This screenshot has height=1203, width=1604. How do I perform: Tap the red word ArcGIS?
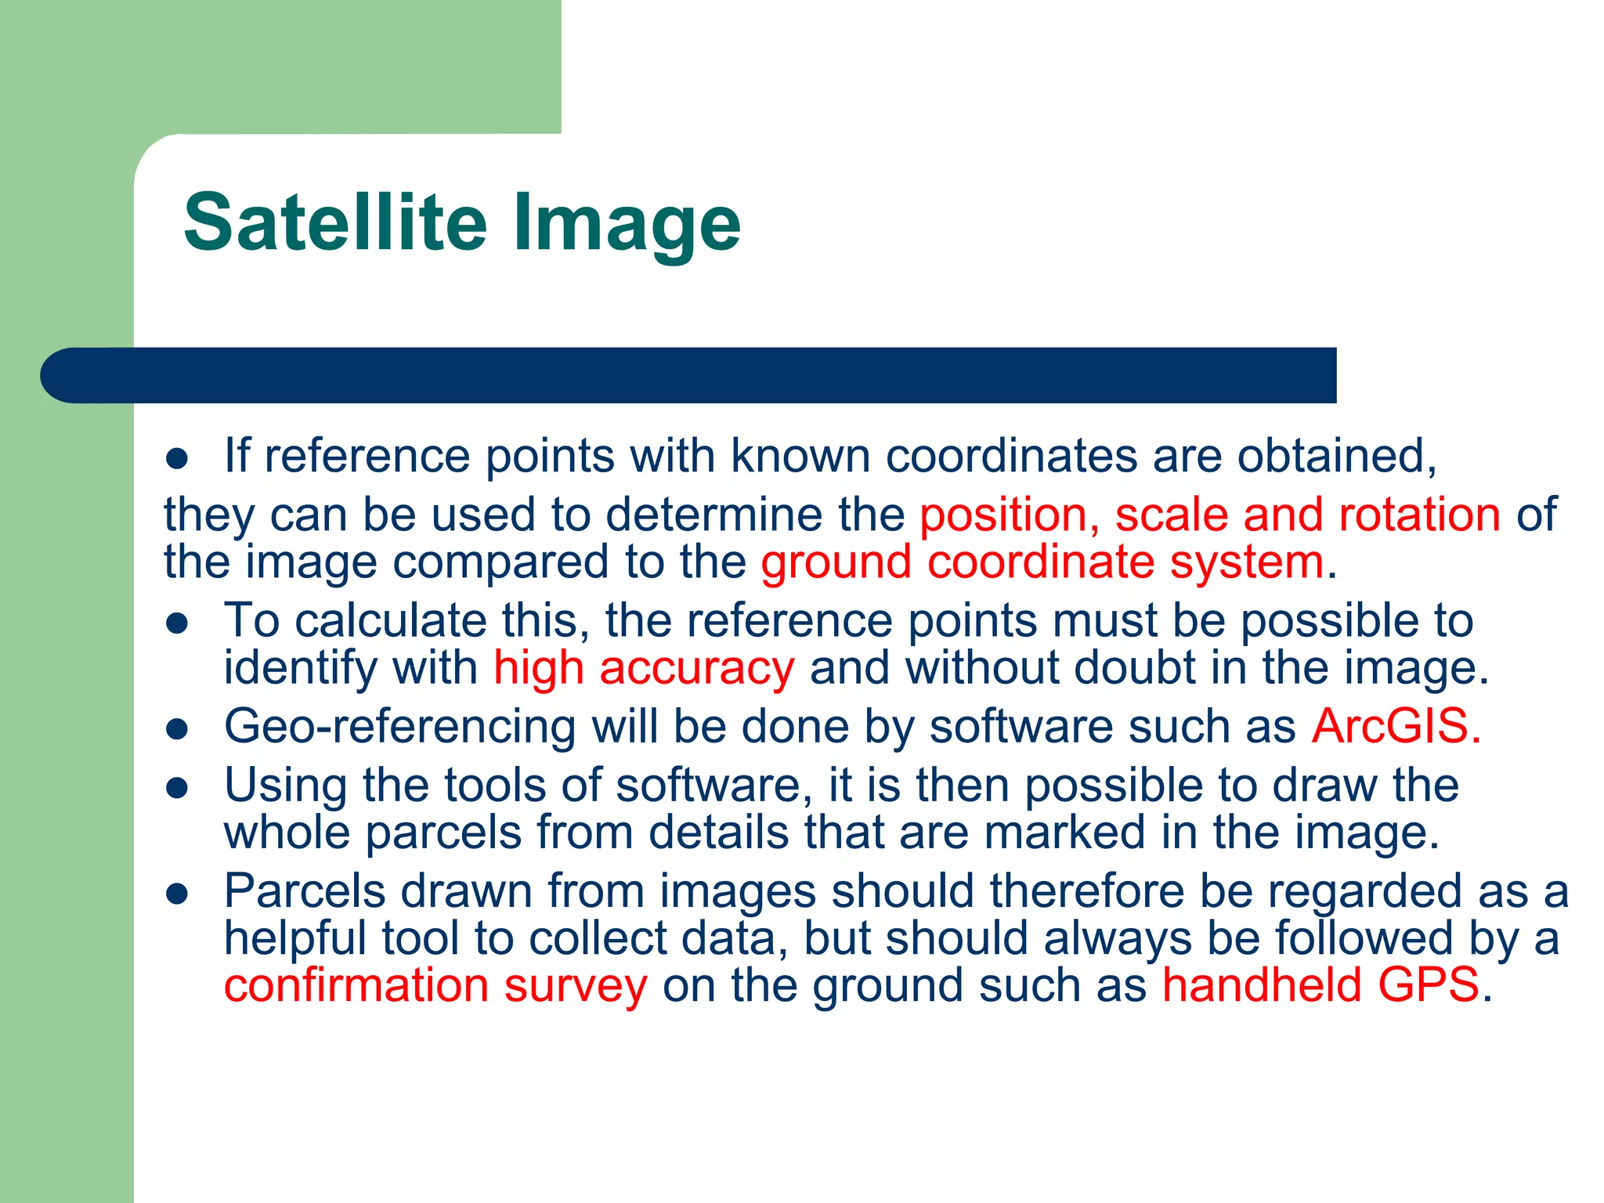[1396, 726]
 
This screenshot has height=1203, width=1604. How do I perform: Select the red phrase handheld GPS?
[1320, 984]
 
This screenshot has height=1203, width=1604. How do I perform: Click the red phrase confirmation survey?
[435, 984]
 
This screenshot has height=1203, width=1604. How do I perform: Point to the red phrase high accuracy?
[644, 668]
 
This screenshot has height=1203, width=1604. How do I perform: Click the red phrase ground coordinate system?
[1042, 562]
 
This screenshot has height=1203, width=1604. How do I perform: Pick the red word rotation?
[1419, 515]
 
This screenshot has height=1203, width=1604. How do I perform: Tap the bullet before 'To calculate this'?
[178, 623]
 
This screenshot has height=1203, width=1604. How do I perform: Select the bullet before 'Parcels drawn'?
[178, 894]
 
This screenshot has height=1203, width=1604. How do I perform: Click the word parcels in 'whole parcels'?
[443, 833]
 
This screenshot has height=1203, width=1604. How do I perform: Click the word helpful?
[295, 938]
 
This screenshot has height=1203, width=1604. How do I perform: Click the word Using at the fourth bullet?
[285, 786]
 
